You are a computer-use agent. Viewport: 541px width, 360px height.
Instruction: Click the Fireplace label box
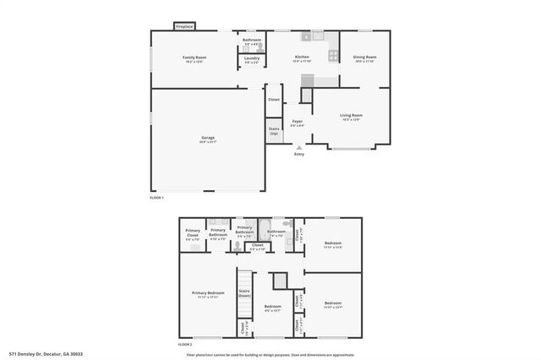(x=184, y=27)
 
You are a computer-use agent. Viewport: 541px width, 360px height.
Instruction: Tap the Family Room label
(x=194, y=58)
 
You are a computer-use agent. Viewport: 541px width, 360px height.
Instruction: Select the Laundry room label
(x=252, y=59)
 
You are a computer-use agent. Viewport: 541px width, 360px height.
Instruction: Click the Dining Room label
(x=365, y=58)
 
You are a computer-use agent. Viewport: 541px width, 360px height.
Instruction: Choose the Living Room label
(x=351, y=117)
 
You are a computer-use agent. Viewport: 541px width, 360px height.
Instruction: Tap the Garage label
(x=207, y=139)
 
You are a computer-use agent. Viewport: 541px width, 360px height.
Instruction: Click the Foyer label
(x=298, y=123)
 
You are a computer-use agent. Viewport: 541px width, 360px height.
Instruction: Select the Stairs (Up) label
(x=274, y=132)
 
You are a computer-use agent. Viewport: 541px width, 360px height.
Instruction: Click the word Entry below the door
(x=298, y=154)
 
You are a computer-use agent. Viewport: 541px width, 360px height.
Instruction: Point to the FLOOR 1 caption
(x=157, y=197)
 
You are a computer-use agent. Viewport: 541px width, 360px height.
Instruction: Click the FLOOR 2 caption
(x=184, y=345)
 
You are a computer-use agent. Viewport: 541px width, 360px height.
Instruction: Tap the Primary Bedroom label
(x=209, y=294)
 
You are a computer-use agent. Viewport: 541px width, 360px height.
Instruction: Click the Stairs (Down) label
(x=244, y=293)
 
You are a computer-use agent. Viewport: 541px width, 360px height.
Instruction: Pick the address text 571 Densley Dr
(x=46, y=354)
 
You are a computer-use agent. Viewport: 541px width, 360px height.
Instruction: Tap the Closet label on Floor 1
(x=274, y=100)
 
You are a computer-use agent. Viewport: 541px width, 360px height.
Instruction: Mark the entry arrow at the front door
(x=298, y=147)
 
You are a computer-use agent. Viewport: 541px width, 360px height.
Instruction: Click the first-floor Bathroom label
(x=252, y=41)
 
